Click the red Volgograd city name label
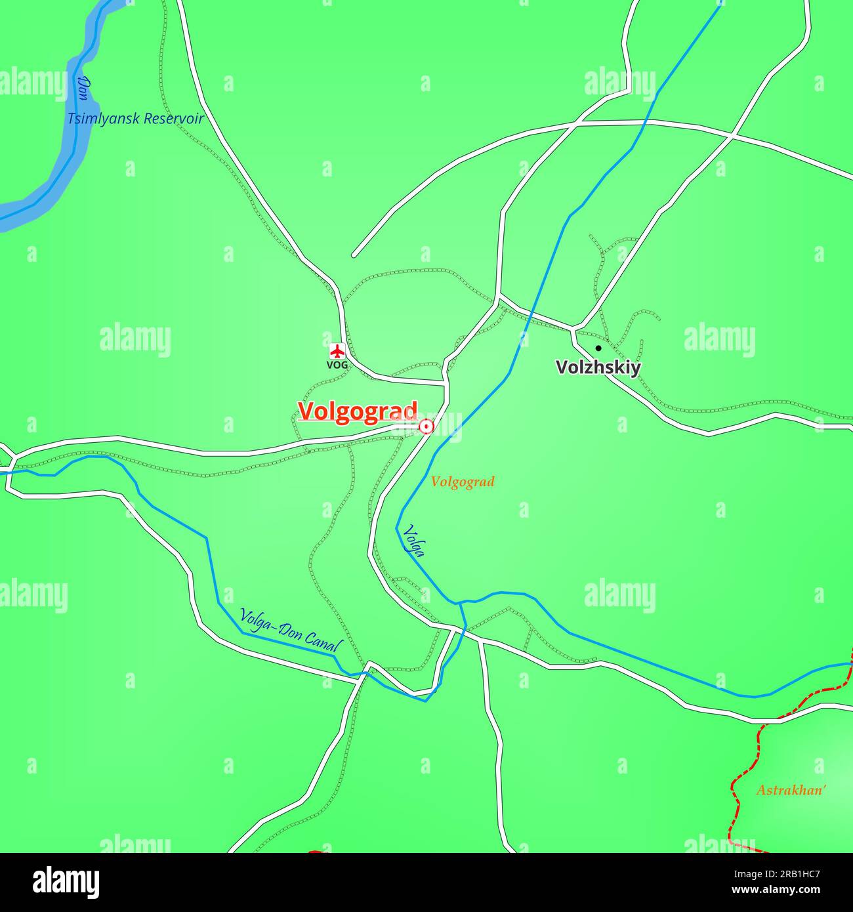click(x=358, y=411)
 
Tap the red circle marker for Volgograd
click(x=427, y=427)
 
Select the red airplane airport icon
click(x=337, y=349)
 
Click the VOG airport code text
click(x=337, y=365)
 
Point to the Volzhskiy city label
click(x=598, y=367)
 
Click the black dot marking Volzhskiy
click(x=598, y=348)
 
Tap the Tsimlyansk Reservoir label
click(x=136, y=119)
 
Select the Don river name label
click(x=83, y=87)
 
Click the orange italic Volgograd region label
click(x=463, y=482)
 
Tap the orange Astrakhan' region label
click(x=790, y=790)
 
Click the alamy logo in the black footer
click(x=66, y=882)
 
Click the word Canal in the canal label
click(x=325, y=642)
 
